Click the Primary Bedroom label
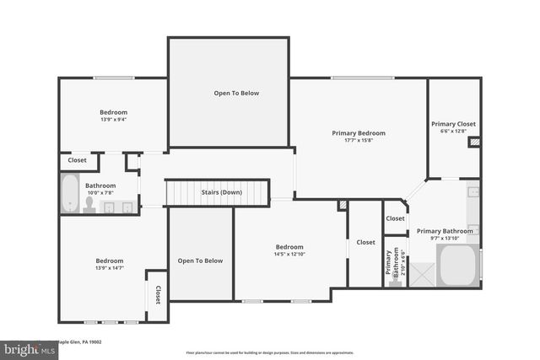pos(358,132)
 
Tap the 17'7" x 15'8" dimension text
pos(358,141)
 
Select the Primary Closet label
pos(454,124)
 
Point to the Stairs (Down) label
pos(221,192)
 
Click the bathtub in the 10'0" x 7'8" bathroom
pos(69,193)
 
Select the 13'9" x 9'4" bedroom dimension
pos(113,120)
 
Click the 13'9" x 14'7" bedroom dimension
pos(109,268)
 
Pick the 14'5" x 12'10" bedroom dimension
pos(289,254)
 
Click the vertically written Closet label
pos(157,294)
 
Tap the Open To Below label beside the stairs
pos(200,261)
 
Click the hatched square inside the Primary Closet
pos(473,142)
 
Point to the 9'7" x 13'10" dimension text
pos(445,239)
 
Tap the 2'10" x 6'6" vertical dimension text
pos(403,264)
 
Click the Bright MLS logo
pos(25,348)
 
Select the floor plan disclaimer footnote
pos(270,352)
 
